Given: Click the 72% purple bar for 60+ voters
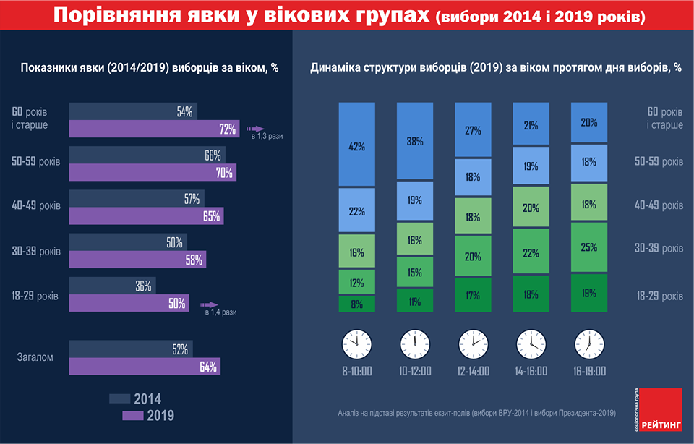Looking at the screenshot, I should point(154,129).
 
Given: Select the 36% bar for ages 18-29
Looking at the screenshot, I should point(112,286).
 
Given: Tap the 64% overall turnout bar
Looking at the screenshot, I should point(145,366).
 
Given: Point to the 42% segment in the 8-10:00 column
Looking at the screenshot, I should point(357,145).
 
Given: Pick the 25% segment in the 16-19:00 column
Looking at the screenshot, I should point(589,247).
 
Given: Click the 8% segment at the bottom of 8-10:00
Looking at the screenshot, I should point(357,304).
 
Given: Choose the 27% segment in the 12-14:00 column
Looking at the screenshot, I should point(473,130).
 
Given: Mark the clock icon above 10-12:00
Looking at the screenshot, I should point(415,343).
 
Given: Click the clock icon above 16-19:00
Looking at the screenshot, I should point(589,343).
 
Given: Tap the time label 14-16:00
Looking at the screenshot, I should point(531,371).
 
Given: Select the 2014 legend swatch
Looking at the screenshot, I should point(119,398).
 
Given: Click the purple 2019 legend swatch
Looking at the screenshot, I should point(134,415).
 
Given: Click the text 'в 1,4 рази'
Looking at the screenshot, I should point(220,312).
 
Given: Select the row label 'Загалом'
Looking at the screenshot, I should point(34,357).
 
